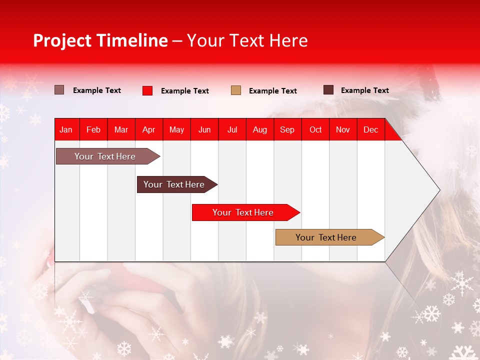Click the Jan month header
click(x=66, y=130)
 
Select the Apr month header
click(x=148, y=130)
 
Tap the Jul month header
click(x=232, y=130)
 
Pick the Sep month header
click(x=287, y=130)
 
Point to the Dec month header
click(x=370, y=130)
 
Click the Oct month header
click(x=315, y=130)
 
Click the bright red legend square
click(x=147, y=90)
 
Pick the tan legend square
click(x=236, y=90)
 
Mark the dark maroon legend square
click(x=328, y=90)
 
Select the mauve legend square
click(x=59, y=90)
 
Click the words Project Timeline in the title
click(x=100, y=40)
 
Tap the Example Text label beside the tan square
click(x=272, y=91)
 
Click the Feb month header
click(x=93, y=130)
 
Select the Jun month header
click(x=204, y=130)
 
